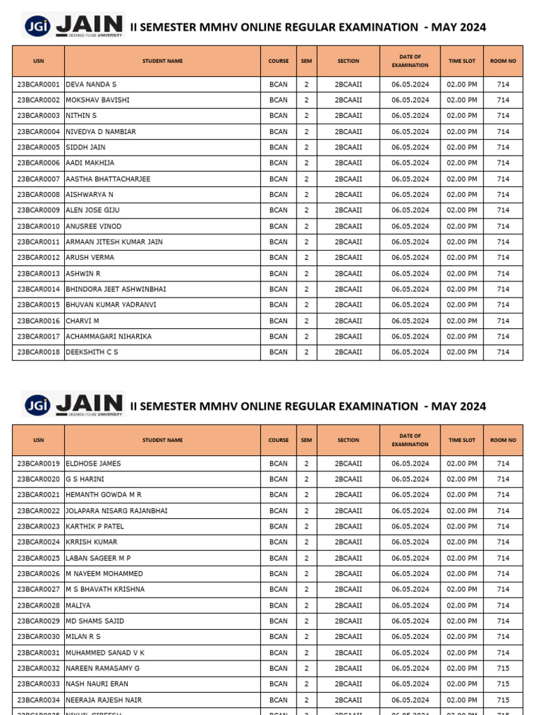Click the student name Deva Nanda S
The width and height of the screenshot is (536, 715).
coord(91,84)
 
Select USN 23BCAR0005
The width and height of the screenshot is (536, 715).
coord(38,147)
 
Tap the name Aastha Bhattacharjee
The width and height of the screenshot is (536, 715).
coord(108,179)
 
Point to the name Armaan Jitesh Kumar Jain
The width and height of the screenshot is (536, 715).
coord(114,242)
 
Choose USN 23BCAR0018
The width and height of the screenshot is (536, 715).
coord(38,353)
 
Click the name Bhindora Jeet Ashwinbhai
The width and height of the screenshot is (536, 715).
coord(116,289)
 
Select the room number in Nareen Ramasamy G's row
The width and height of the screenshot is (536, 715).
coord(503,668)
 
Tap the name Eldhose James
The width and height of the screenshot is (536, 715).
coord(94,464)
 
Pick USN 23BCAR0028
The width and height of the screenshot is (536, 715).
coord(38,605)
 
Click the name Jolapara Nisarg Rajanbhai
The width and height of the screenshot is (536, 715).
coord(117,511)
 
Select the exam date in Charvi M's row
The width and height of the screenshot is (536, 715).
coord(410,321)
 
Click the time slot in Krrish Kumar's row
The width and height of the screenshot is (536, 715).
coord(462,543)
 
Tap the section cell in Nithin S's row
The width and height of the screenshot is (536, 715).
coord(348,116)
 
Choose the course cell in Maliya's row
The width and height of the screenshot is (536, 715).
coord(278,605)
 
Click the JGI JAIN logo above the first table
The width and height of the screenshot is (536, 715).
coord(73,26)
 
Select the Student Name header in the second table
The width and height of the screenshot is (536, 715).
coord(163,441)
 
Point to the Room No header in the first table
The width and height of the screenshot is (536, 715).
coord(503,61)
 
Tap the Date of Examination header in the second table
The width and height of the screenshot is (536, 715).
coord(410,440)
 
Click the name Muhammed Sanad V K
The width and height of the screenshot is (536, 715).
coord(105,653)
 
